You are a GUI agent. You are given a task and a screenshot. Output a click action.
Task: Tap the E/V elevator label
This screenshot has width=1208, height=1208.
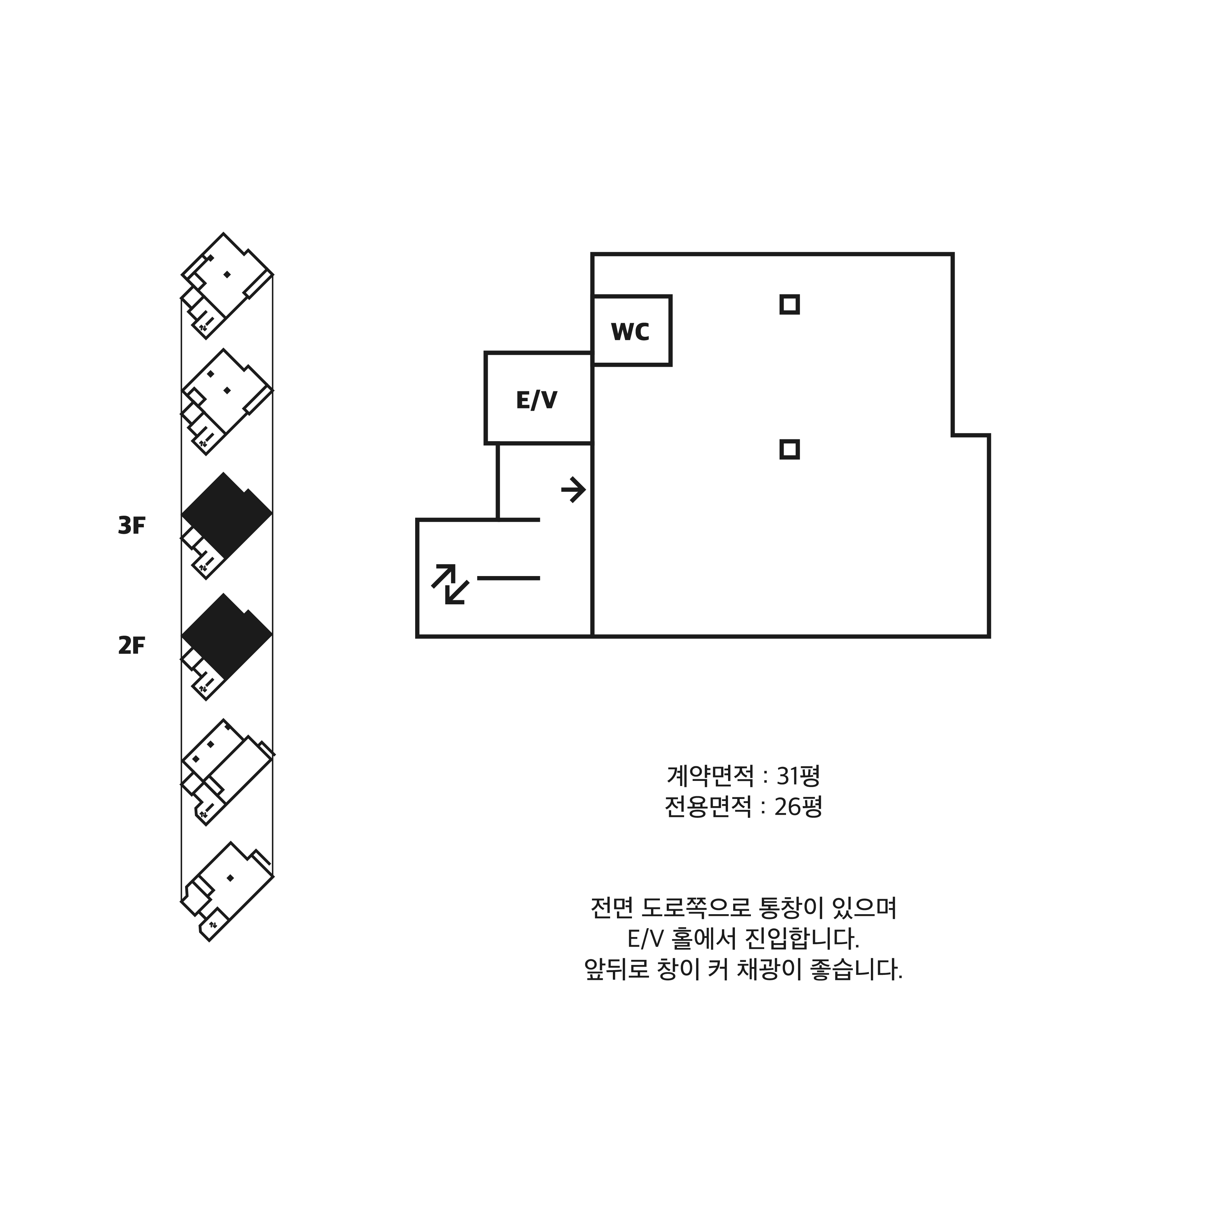[537, 400]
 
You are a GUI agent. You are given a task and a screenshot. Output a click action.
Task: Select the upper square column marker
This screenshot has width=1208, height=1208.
[790, 304]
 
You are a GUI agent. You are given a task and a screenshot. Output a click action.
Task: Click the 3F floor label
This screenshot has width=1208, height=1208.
[131, 526]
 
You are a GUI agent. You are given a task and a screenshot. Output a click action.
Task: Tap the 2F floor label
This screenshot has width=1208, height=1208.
[131, 645]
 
